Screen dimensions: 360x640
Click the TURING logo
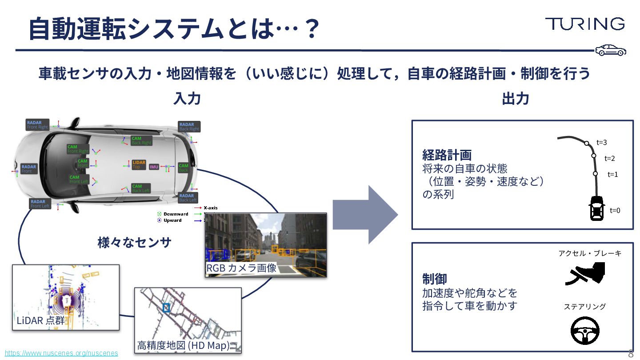tap(584, 24)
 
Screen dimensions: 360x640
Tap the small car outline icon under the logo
tap(610, 50)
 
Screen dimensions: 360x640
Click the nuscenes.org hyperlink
tap(61, 353)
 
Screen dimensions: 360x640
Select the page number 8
tap(631, 354)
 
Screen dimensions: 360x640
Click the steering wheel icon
tap(585, 331)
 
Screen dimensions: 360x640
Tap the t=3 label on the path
tap(602, 143)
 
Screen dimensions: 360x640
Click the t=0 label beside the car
tap(615, 211)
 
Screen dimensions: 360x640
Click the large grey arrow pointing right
tap(364, 215)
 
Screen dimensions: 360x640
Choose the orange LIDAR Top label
tap(139, 165)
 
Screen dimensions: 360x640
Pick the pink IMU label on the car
tap(154, 167)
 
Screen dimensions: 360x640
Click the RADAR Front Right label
tap(37, 125)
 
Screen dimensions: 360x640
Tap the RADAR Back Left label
tap(188, 198)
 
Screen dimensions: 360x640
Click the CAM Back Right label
tap(141, 140)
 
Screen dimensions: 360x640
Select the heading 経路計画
tap(447, 155)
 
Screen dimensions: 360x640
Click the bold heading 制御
tap(434, 279)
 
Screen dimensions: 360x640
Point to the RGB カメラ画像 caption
tap(241, 268)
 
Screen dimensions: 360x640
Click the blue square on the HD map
tap(167, 307)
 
